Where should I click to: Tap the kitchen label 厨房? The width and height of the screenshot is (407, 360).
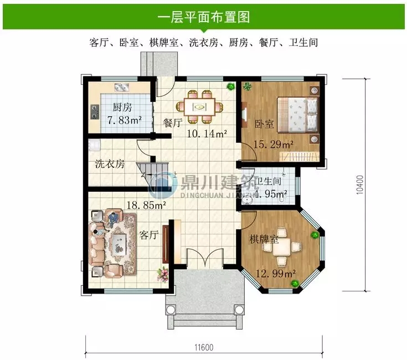[122, 107]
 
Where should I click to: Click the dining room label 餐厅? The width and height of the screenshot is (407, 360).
[173, 124]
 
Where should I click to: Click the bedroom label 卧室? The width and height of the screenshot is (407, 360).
[264, 124]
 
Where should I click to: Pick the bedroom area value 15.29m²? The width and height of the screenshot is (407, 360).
[273, 145]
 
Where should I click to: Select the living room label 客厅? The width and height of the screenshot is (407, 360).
[149, 235]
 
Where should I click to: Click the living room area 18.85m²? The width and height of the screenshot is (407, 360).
[146, 205]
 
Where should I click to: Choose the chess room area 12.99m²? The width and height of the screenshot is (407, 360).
[275, 272]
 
